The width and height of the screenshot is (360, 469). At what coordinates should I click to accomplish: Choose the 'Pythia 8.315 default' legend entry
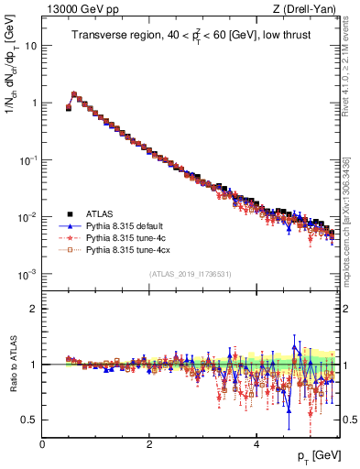[125, 224]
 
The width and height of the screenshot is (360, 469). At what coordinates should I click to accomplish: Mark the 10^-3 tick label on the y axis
[28, 274]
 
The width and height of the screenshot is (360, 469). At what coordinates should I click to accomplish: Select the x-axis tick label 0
[42, 443]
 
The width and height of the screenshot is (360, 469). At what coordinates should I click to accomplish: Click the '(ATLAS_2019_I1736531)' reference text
[190, 273]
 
